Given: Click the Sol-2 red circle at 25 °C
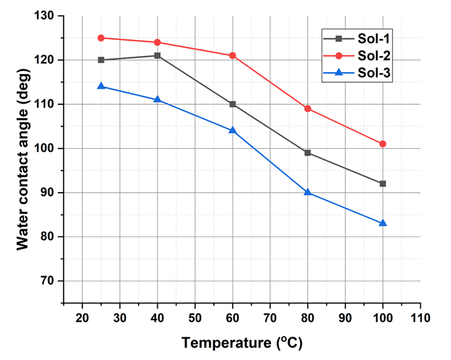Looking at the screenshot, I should [101, 38].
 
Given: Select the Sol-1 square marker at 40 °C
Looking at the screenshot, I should [157, 55].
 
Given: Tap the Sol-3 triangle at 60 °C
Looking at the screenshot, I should [233, 130].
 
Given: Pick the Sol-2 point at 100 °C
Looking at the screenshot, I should [383, 144].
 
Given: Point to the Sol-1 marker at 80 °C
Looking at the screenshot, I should [308, 153].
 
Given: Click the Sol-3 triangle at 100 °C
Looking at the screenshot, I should [383, 223].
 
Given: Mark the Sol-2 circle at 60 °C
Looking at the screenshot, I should [233, 55].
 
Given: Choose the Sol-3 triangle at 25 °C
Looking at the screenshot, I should [101, 86].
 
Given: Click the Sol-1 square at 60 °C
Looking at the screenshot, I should [233, 104].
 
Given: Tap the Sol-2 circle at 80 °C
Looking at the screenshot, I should [308, 108].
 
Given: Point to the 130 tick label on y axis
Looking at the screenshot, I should [46, 15].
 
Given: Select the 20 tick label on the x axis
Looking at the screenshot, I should [82, 317].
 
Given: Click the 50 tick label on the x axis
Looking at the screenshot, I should [195, 317].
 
